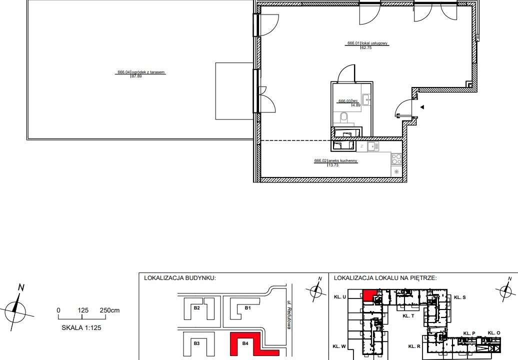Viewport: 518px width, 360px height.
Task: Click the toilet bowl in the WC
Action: tap(344, 117)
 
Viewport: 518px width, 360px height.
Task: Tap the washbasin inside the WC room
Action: tap(366, 99)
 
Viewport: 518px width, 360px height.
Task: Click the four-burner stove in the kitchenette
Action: tap(396, 159)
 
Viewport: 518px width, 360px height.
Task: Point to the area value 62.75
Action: tap(366, 47)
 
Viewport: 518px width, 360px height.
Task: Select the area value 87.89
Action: tap(136, 76)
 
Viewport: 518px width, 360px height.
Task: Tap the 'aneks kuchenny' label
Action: tap(342, 161)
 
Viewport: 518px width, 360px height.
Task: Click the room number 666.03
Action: tap(344, 101)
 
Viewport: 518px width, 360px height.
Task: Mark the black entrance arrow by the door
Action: tap(422, 107)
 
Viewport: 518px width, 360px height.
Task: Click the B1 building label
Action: tap(248, 308)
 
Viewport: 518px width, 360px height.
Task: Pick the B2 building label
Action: tap(197, 308)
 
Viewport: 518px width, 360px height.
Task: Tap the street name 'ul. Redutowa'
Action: tap(289, 314)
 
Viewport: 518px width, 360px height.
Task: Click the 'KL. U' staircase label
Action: tap(340, 297)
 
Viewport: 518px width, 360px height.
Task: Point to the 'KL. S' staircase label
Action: tap(460, 297)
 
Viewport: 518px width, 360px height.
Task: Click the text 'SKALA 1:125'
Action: tap(81, 327)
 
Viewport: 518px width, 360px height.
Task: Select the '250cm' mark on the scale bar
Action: tap(109, 310)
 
